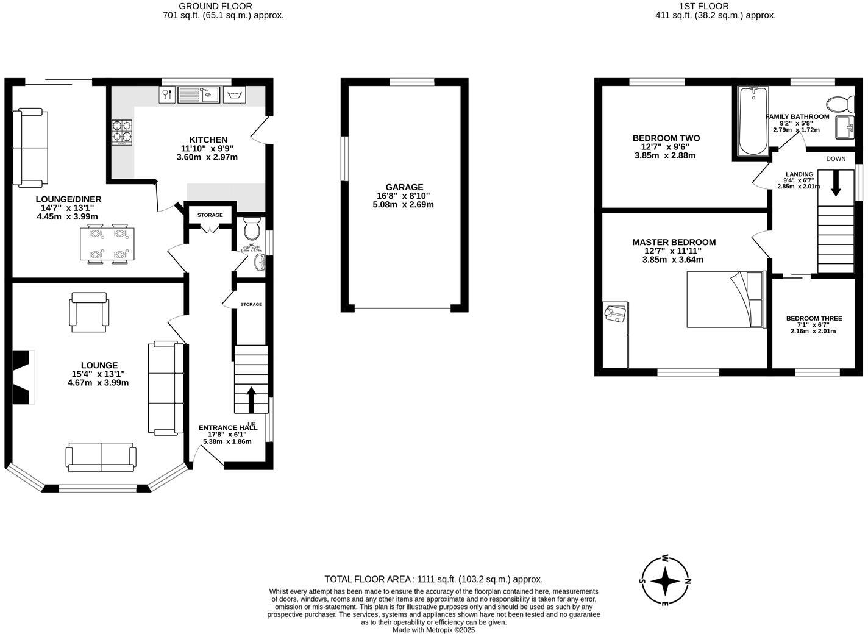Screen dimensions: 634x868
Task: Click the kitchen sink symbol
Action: click(x=199, y=94)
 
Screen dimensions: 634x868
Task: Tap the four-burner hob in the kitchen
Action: click(x=121, y=132)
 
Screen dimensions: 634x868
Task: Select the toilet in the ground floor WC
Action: click(x=251, y=229)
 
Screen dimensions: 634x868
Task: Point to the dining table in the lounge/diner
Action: click(x=107, y=244)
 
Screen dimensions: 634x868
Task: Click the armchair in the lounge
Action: click(x=90, y=312)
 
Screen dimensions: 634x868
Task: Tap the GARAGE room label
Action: click(x=404, y=187)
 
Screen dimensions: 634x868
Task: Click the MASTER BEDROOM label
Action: click(x=674, y=242)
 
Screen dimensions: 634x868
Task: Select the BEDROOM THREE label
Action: click(x=814, y=318)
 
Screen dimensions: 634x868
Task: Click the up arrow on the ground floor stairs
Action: click(x=251, y=399)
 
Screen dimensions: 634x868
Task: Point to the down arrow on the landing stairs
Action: click(x=835, y=183)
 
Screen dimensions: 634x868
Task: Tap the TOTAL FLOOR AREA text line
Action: click(x=433, y=579)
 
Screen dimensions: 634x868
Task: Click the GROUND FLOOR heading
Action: click(x=207, y=6)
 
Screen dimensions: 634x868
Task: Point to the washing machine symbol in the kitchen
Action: click(x=234, y=95)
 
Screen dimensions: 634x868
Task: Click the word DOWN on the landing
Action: click(x=836, y=158)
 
